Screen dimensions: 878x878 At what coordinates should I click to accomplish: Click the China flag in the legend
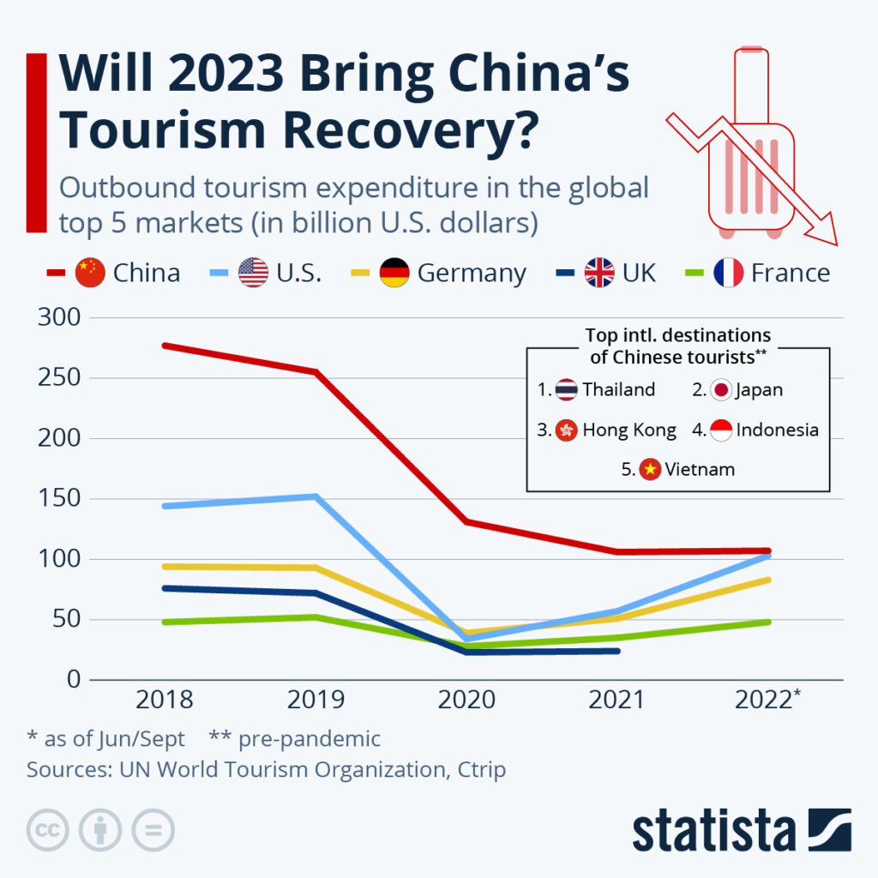click(90, 273)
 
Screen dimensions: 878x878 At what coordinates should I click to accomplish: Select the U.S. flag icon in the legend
click(253, 273)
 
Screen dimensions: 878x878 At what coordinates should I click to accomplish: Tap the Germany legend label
click(472, 273)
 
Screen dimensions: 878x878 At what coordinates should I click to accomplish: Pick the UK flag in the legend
click(599, 273)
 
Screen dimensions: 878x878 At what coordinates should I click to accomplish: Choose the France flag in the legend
click(728, 273)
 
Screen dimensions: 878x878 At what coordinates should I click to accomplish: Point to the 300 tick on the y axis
click(59, 318)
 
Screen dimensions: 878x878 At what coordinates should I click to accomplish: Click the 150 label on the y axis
click(59, 499)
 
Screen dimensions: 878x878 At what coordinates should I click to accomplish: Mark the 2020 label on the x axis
click(466, 701)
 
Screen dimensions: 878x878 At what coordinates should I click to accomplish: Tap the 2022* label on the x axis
click(768, 701)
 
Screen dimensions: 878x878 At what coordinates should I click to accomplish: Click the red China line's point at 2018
click(165, 346)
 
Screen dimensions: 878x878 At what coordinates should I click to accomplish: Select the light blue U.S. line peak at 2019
click(316, 496)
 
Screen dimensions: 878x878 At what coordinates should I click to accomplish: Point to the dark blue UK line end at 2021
click(616, 651)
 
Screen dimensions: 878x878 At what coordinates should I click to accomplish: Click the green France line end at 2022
click(767, 622)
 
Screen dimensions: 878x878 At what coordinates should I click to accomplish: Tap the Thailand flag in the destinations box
click(566, 390)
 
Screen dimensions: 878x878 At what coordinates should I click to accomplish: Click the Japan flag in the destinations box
click(721, 390)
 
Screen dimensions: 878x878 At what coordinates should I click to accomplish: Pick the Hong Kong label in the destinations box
click(629, 430)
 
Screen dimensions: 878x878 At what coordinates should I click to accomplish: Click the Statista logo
click(742, 830)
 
